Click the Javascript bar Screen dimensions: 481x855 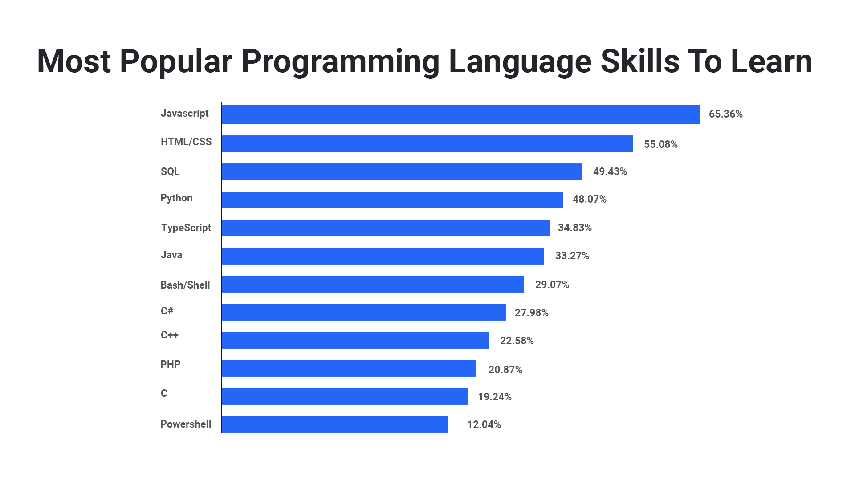pos(461,114)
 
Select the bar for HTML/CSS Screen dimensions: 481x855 pos(427,144)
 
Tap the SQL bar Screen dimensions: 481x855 pos(402,172)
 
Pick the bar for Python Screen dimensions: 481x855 pos(392,200)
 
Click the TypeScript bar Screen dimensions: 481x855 pos(386,228)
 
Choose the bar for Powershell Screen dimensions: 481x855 pos(335,424)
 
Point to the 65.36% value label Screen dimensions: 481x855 pos(725,114)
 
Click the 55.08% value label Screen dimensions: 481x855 pos(660,144)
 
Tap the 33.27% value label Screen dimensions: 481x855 pos(572,256)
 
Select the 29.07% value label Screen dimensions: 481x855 pos(552,285)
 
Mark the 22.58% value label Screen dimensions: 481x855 pos(517,341)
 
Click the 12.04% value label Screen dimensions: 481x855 pos(484,424)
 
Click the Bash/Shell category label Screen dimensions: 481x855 pos(185,285)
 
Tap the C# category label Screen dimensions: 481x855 pos(167,311)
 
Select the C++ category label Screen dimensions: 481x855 pos(169,335)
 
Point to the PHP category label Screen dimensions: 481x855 pos(170,364)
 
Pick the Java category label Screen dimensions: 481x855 pos(171,255)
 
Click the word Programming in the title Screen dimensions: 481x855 pos(340,61)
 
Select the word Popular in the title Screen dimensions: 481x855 pos(176,61)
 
